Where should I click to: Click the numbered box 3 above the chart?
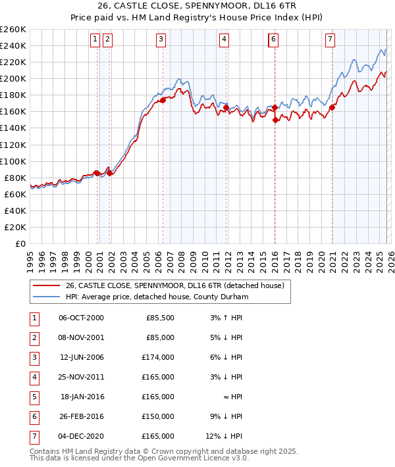(x=161, y=39)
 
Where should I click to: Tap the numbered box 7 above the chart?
(x=329, y=39)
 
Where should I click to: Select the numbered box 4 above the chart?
(x=224, y=39)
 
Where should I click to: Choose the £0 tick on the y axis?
(x=21, y=243)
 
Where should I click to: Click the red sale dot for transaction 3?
(x=163, y=100)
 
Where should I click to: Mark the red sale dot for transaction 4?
(x=226, y=107)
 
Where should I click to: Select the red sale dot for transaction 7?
(x=332, y=107)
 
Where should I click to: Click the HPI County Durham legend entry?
(x=155, y=297)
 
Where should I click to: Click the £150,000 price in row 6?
(x=159, y=416)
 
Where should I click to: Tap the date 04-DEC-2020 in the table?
(x=81, y=435)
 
